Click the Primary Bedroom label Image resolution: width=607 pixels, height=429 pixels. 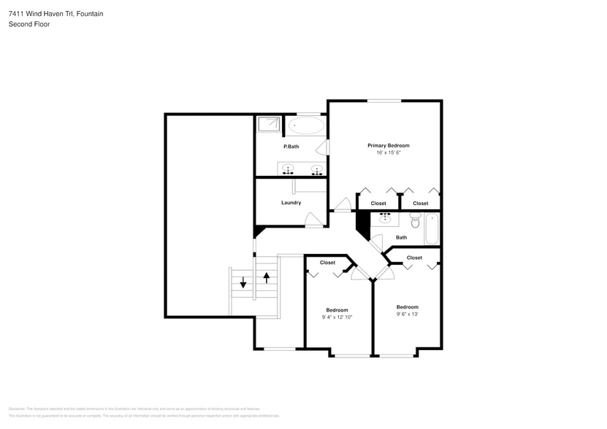[388, 145]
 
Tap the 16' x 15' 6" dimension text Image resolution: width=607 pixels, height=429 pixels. [388, 152]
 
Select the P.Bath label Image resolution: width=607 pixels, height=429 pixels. [291, 147]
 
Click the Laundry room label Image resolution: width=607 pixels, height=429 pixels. [291, 202]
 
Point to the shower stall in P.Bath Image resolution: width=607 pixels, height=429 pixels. [269, 124]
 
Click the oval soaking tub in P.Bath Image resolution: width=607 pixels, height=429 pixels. [305, 126]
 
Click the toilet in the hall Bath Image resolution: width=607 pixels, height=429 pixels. [416, 220]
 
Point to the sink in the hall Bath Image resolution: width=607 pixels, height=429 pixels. [385, 217]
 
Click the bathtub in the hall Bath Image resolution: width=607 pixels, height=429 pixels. [432, 228]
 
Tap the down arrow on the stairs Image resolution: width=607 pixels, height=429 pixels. [243, 283]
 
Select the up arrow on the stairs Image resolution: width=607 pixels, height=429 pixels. [267, 277]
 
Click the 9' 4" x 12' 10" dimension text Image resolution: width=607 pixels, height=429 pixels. [337, 317]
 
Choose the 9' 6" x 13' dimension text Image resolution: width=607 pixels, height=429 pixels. [407, 314]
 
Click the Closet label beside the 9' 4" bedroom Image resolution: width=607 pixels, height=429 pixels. [327, 263]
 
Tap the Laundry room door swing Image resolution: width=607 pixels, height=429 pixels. [312, 219]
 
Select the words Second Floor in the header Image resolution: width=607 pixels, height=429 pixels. [29, 24]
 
